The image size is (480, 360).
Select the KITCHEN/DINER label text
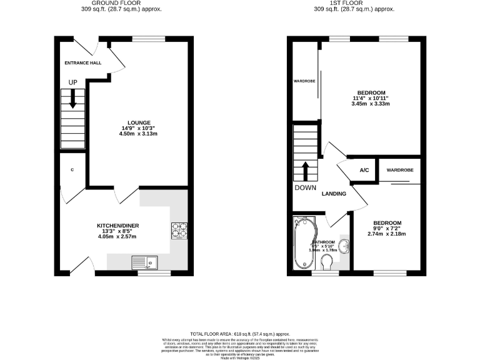click(x=117, y=225)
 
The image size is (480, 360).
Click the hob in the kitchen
click(x=179, y=231)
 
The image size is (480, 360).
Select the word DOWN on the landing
click(x=305, y=187)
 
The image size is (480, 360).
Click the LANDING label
click(x=334, y=194)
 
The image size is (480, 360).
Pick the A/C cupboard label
click(x=363, y=170)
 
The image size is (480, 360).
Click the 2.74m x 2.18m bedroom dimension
click(x=387, y=234)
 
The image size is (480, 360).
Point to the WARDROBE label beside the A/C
click(x=397, y=170)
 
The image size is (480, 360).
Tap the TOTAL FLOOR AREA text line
click(x=240, y=335)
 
